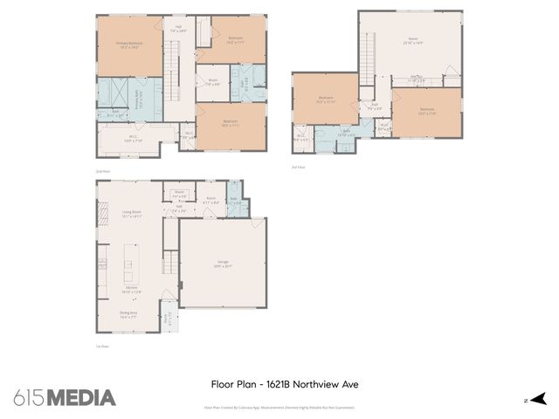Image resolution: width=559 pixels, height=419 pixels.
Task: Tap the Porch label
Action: (169, 319)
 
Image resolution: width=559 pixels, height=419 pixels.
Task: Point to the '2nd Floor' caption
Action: (102, 171)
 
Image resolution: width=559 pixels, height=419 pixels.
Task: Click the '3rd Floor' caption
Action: (298, 167)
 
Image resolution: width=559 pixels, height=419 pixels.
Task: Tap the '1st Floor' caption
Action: (101, 347)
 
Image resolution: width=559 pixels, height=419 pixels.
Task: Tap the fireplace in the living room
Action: (100, 212)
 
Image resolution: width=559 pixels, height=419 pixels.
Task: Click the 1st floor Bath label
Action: (233, 200)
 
